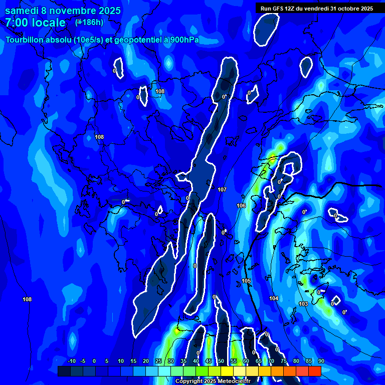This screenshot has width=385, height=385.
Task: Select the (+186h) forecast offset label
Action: [x=89, y=22]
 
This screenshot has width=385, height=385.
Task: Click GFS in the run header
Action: [x=278, y=9]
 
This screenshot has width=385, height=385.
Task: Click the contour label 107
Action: [x=223, y=189]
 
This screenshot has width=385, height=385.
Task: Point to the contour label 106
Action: [x=241, y=206]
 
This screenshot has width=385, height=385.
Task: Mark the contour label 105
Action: [x=246, y=281]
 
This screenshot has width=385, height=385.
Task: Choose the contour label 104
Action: [x=274, y=298]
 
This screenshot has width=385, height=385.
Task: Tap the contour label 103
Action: [x=303, y=304]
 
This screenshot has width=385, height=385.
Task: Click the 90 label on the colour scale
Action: [x=321, y=361]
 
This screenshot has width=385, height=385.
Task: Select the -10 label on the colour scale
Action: [x=71, y=361]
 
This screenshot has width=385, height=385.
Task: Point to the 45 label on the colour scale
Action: [x=208, y=361]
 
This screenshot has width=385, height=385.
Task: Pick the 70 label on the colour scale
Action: [x=271, y=361]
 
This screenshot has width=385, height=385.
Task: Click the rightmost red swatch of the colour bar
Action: [x=314, y=371]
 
